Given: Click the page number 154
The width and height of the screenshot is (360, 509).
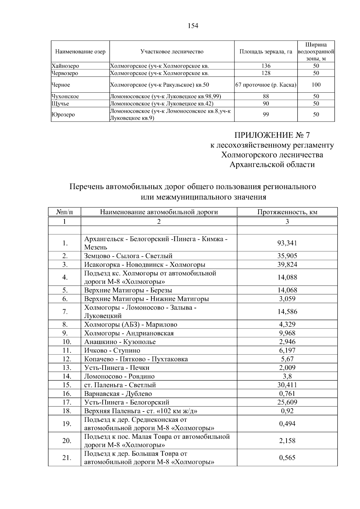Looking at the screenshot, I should coord(193,26).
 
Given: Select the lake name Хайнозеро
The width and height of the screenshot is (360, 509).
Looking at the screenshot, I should coord(65,66).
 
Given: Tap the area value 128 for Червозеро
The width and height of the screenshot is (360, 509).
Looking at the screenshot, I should coord(266,73).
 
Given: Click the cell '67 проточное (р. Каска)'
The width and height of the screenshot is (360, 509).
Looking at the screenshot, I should coord(266,85).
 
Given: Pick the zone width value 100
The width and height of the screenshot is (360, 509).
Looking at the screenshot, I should coord(316,85).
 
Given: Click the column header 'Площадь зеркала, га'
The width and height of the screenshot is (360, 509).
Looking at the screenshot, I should coord(266,52).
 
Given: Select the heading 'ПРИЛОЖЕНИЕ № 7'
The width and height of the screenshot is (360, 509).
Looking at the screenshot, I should coord(272,135).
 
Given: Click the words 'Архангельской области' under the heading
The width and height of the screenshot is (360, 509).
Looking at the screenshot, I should coord(272,164).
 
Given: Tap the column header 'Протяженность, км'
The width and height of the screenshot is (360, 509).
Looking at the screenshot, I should coord(287,212).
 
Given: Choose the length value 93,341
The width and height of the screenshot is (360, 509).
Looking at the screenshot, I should coord(287,243).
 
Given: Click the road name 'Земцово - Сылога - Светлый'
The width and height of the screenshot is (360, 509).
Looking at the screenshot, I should coord(128,256).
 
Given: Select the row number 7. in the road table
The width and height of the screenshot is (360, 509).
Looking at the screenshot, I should coord(65,312).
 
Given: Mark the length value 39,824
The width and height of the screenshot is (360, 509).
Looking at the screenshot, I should coord(287,265).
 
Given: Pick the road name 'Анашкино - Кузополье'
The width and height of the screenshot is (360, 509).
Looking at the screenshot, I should coord(120,342).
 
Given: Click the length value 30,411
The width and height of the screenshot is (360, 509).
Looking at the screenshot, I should coord(287,385).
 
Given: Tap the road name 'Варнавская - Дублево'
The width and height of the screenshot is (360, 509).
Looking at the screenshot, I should coord(118,394).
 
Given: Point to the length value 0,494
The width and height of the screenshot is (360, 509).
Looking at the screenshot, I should coord(287,424).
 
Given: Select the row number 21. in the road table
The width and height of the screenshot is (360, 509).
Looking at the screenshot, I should coord(66,458).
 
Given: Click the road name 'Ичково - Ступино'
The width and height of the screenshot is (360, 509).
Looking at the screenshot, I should coord(112,351).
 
